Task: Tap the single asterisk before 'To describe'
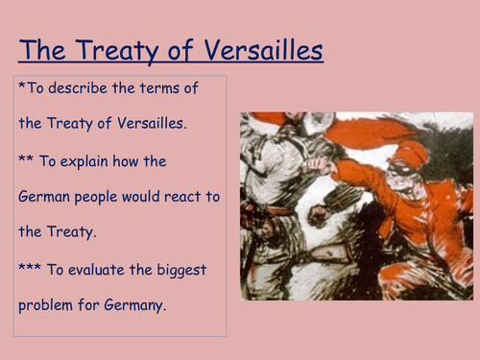click(21, 87)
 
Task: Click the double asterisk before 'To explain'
click(24, 160)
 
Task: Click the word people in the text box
click(103, 197)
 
